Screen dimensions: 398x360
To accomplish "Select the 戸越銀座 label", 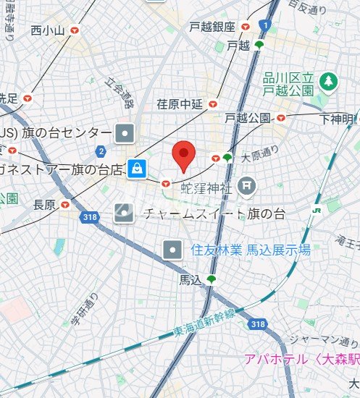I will coord(212,27).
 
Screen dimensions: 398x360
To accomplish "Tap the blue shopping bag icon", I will coord(136,169).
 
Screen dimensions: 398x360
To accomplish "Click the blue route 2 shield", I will coord(100,151).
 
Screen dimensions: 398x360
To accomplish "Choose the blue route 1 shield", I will coord(266,25).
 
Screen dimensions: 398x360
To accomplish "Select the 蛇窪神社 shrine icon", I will coord(248,187).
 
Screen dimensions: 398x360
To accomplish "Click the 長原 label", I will coord(44,206).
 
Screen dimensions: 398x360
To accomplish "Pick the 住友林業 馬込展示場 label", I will coord(250,250).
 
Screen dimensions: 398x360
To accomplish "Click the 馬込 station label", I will coord(191,279).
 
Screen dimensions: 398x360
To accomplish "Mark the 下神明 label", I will coord(338,118).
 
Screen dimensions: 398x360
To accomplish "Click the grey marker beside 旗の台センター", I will coord(126,133).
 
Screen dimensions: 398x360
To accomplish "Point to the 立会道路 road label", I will coord(120,93).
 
